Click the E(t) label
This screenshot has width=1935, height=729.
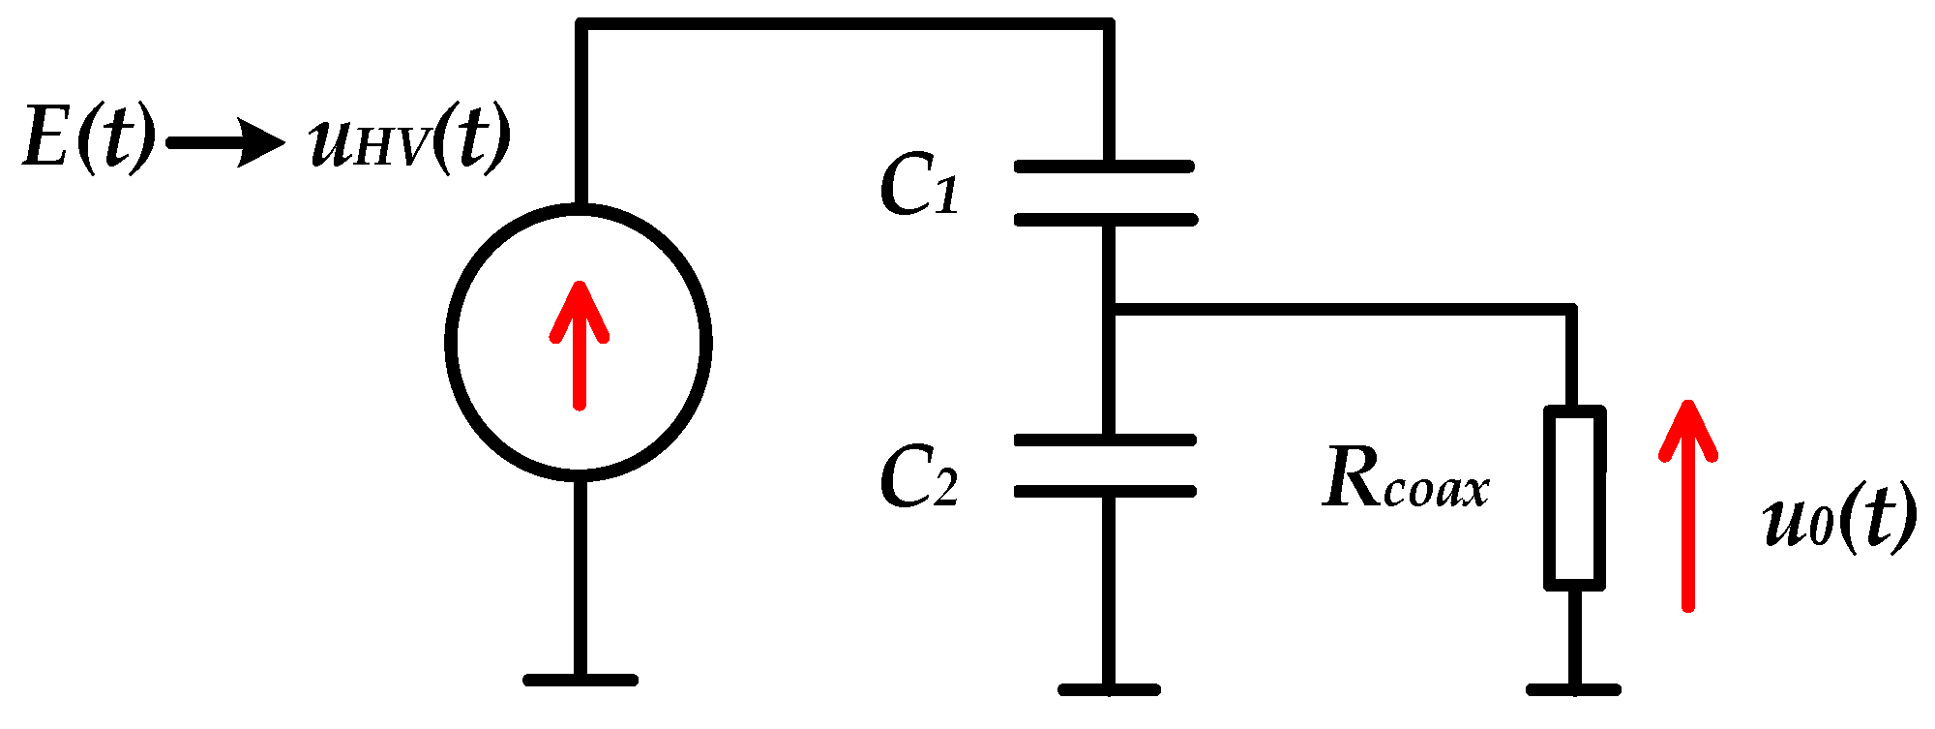tap(87, 138)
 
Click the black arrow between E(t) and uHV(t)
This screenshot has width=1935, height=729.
tap(225, 143)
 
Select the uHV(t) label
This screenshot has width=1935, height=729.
tap(409, 138)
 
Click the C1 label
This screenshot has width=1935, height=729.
tap(918, 185)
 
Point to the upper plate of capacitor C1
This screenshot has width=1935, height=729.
tap(1105, 167)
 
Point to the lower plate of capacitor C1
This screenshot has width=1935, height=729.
tap(1105, 220)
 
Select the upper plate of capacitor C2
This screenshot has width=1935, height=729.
tap(1105, 440)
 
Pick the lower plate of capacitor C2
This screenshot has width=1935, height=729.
tap(1105, 492)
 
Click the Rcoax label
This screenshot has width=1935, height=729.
tap(1405, 479)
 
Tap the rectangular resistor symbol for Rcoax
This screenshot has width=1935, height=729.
tap(1574, 498)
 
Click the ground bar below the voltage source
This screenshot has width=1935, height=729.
tap(580, 680)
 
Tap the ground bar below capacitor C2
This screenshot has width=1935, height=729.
tap(1109, 689)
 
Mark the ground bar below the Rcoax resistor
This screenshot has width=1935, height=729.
tap(1573, 689)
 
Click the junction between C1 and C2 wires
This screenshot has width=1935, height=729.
tap(1109, 310)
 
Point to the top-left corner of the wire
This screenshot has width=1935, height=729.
tap(580, 24)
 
